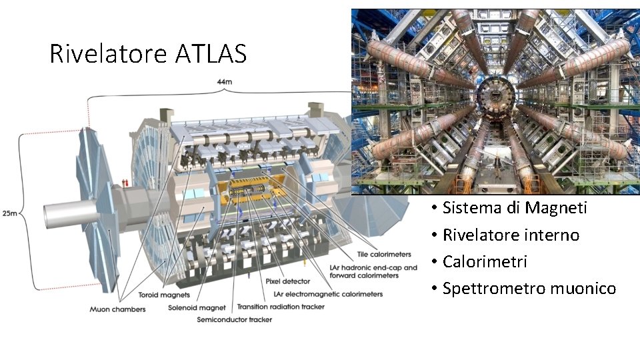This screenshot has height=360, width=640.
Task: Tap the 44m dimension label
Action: (x=224, y=82)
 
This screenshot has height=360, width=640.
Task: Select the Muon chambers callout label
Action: (x=117, y=309)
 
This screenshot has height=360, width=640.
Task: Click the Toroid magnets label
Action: (x=164, y=295)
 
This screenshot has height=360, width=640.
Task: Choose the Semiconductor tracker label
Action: (x=229, y=320)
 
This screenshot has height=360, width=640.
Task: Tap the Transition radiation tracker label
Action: (x=281, y=307)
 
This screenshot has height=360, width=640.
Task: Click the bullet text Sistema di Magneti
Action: (x=515, y=208)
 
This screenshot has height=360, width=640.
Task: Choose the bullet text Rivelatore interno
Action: (x=511, y=235)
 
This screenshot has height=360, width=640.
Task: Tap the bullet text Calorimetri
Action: (x=485, y=261)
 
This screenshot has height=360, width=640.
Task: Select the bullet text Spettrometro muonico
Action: (x=529, y=288)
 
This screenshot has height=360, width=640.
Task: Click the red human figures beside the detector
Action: (x=125, y=183)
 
